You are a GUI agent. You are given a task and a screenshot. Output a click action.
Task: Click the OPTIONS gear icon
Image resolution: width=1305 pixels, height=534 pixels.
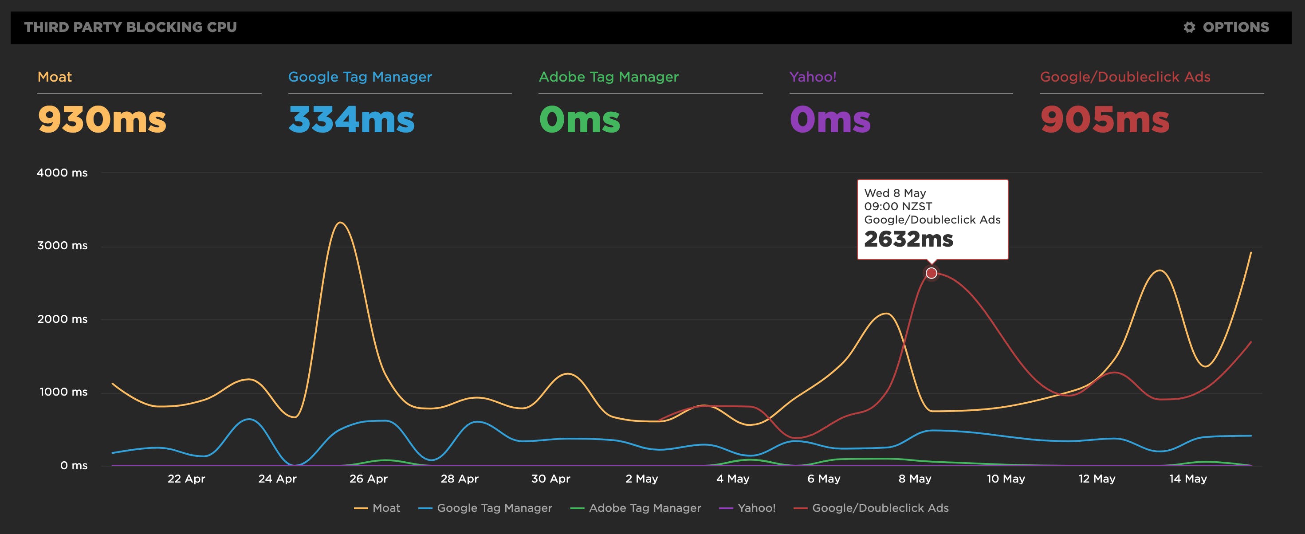[x=1189, y=27]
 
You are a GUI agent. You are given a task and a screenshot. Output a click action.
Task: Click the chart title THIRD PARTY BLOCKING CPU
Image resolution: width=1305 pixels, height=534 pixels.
[x=130, y=27]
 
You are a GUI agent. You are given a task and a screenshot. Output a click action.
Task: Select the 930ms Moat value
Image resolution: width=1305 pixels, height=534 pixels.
[x=102, y=120]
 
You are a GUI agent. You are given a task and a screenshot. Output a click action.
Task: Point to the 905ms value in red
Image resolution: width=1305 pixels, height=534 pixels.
[x=1105, y=120]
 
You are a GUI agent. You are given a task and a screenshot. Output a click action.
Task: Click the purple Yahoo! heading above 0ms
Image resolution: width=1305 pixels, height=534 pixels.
[x=813, y=77]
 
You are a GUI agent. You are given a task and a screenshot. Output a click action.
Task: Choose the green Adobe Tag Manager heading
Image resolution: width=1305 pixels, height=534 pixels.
[x=609, y=77]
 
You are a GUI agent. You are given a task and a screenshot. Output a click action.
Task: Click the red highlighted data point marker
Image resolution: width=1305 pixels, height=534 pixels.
[x=931, y=274]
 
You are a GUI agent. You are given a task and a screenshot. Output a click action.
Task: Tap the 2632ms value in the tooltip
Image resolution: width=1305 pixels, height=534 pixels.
[x=908, y=239]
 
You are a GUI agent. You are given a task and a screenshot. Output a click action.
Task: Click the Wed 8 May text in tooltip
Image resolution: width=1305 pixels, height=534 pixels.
[x=895, y=193]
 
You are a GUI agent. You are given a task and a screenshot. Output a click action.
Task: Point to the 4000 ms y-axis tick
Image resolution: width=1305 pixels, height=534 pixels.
[x=62, y=173]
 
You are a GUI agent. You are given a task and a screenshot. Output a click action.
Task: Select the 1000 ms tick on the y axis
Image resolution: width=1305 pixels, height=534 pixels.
[x=63, y=392]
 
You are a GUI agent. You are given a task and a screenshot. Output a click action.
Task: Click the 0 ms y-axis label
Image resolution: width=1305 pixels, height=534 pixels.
[x=74, y=466]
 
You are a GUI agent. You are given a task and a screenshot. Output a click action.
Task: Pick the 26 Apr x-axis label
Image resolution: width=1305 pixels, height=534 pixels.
[x=368, y=479]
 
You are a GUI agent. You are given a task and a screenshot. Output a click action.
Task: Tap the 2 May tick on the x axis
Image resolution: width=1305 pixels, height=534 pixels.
[x=641, y=479]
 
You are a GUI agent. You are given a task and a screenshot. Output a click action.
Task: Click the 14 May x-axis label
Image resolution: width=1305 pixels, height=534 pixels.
[x=1187, y=479]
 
